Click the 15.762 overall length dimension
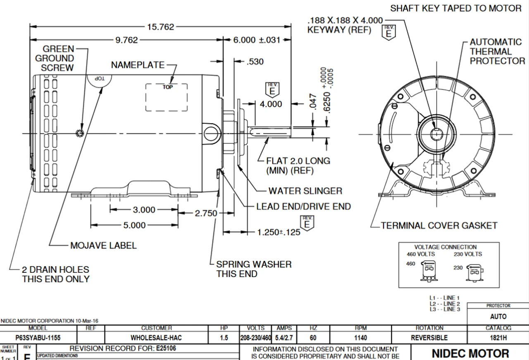click(x=161, y=27)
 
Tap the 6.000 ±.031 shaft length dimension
click(x=257, y=40)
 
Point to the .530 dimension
click(x=255, y=62)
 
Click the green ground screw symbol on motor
click(x=80, y=133)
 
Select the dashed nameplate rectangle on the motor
click(x=166, y=97)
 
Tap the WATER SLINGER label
click(x=305, y=191)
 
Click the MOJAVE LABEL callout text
click(x=103, y=246)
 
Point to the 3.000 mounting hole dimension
click(x=144, y=210)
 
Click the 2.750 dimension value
click(x=206, y=213)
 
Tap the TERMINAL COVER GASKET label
click(x=439, y=226)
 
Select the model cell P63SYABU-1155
click(x=38, y=338)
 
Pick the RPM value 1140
click(x=360, y=338)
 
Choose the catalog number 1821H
click(x=498, y=338)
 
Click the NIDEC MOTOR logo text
click(x=470, y=353)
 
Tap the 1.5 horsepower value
click(x=224, y=338)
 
